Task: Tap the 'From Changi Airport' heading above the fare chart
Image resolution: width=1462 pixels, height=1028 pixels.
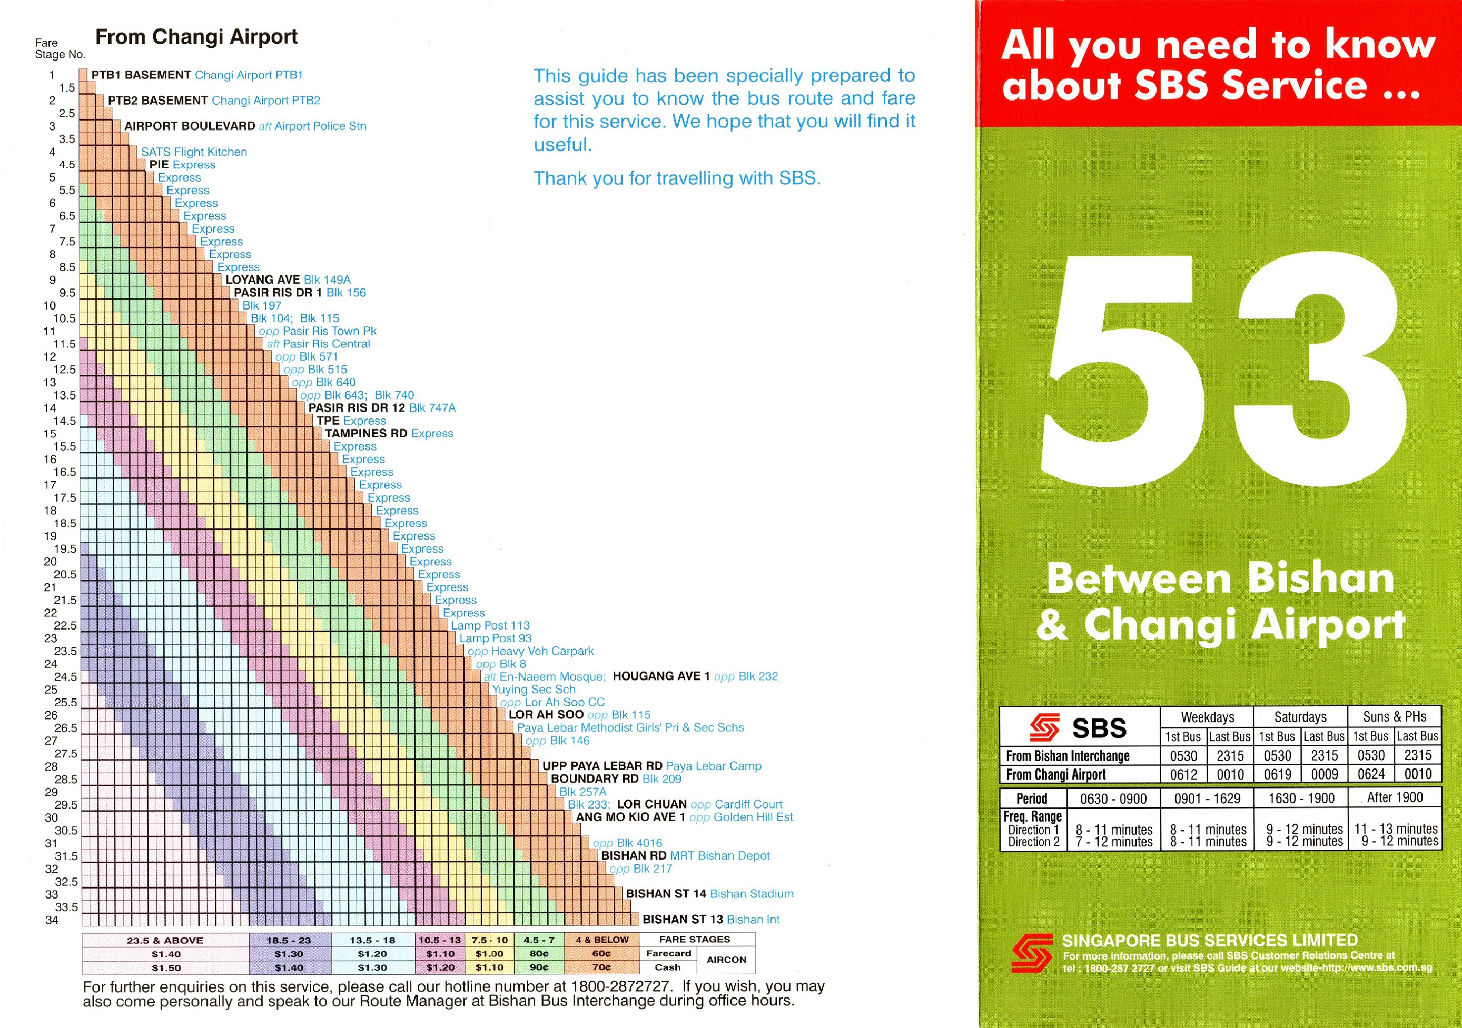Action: pos(196,37)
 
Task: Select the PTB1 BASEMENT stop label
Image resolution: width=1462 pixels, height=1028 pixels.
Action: pos(141,75)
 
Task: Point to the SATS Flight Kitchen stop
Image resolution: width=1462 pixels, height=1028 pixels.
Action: pos(194,152)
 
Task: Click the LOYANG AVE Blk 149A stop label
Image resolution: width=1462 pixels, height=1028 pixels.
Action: pos(288,280)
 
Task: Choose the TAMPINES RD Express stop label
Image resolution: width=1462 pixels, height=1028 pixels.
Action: pos(389,434)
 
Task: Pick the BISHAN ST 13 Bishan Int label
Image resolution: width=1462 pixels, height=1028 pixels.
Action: pos(710,919)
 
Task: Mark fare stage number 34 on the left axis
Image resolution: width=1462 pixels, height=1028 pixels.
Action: pos(52,920)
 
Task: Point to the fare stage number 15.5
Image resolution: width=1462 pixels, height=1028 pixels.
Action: pos(65,446)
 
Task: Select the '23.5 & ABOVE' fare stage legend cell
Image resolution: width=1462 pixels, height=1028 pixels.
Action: pos(165,940)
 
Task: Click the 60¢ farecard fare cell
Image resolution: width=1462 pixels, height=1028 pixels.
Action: pos(601,954)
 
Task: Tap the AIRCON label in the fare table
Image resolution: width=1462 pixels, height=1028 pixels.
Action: pos(726,960)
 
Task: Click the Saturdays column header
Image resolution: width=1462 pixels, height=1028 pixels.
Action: pos(1300,717)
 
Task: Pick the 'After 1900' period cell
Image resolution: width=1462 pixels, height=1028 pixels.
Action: pos(1395,797)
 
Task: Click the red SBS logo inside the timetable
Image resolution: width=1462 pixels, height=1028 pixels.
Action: pos(1044,727)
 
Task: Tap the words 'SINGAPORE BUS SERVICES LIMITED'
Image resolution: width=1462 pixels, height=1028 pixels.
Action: pos(1209,940)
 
